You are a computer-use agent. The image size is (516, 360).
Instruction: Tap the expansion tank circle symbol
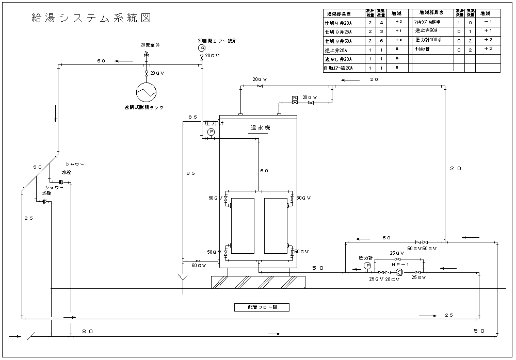click(146, 92)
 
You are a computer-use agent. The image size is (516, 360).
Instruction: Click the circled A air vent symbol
click(202, 47)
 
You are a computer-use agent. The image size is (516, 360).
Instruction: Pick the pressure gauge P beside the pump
click(367, 265)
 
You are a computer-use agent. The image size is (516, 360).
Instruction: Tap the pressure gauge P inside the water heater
click(211, 133)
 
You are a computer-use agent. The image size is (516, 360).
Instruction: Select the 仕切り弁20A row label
click(338, 23)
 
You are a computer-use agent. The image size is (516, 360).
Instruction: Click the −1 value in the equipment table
click(488, 23)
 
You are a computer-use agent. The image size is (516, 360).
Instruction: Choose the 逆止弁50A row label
click(426, 31)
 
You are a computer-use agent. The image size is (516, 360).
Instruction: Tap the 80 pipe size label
click(87, 332)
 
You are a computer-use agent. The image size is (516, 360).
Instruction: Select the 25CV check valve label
click(393, 279)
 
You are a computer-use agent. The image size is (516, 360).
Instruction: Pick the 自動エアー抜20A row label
click(338, 68)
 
